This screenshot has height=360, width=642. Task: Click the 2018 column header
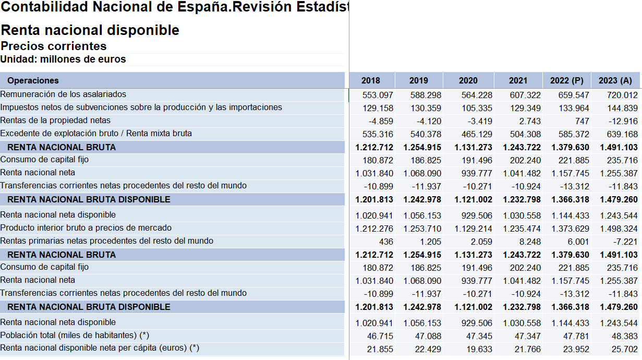click(371, 80)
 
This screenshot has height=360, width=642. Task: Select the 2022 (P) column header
click(566, 80)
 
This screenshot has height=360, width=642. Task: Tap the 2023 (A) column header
click(615, 80)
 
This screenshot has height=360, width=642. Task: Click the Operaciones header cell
click(33, 80)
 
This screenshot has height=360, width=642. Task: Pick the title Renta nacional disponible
click(90, 30)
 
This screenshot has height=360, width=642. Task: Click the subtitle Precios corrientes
click(54, 46)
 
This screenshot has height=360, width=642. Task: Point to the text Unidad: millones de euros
click(63, 59)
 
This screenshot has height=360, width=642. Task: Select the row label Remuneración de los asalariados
click(63, 94)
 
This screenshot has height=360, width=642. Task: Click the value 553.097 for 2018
click(378, 95)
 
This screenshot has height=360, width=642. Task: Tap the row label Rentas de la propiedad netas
click(55, 120)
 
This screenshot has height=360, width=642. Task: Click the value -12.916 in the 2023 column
click(622, 121)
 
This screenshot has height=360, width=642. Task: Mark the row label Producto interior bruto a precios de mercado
click(86, 227)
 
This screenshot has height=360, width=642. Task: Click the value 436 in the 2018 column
click(386, 242)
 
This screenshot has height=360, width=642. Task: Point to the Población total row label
click(75, 335)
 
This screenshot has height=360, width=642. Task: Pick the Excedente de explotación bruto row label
click(96, 133)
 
